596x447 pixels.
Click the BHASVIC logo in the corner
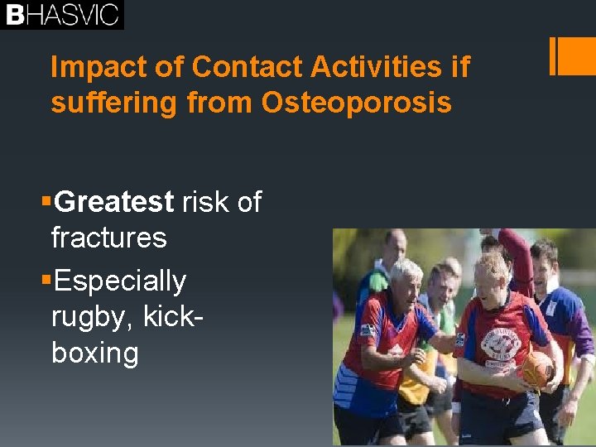point(61,14)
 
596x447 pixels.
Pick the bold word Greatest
point(114,201)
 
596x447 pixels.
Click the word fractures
point(108,238)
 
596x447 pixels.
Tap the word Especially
point(120,281)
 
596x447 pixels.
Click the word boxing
point(94,353)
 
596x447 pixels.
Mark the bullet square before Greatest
point(46,201)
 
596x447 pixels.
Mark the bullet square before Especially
point(46,281)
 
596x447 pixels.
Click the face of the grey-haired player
point(408,286)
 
